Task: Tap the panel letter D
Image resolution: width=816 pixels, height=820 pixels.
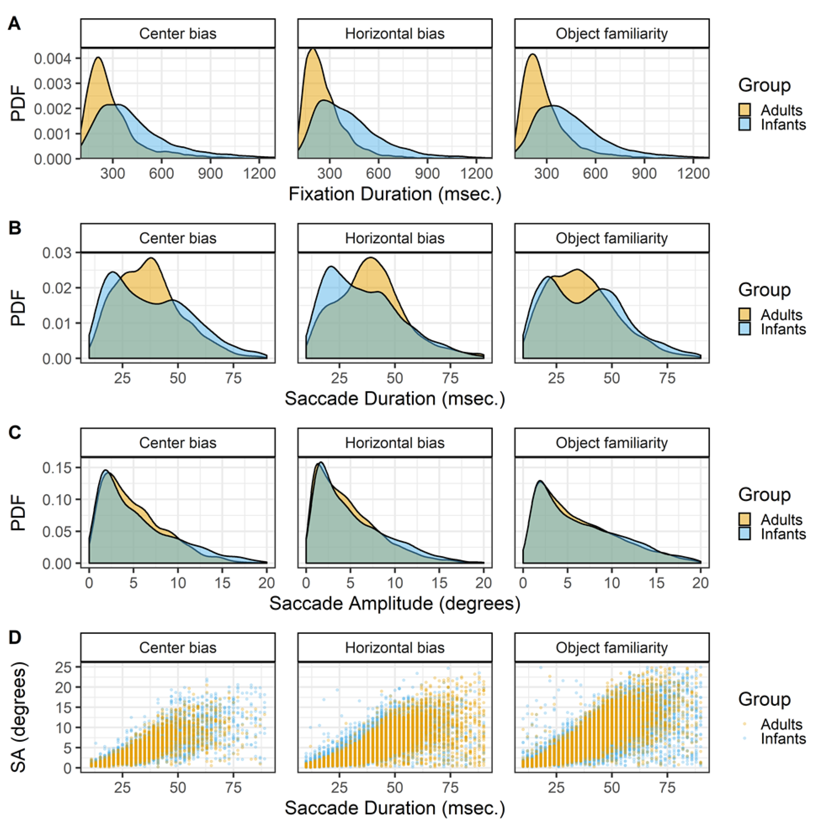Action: (x=15, y=637)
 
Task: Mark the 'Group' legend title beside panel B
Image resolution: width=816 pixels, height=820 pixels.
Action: (x=764, y=290)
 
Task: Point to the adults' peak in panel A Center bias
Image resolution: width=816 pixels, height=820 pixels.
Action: (x=98, y=58)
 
